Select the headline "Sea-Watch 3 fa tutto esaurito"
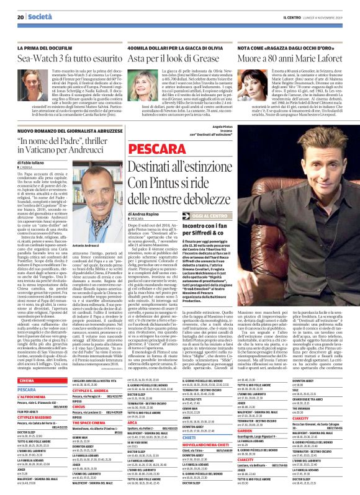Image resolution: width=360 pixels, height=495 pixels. click(67, 56)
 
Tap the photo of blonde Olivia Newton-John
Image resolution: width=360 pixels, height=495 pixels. click(143, 87)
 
